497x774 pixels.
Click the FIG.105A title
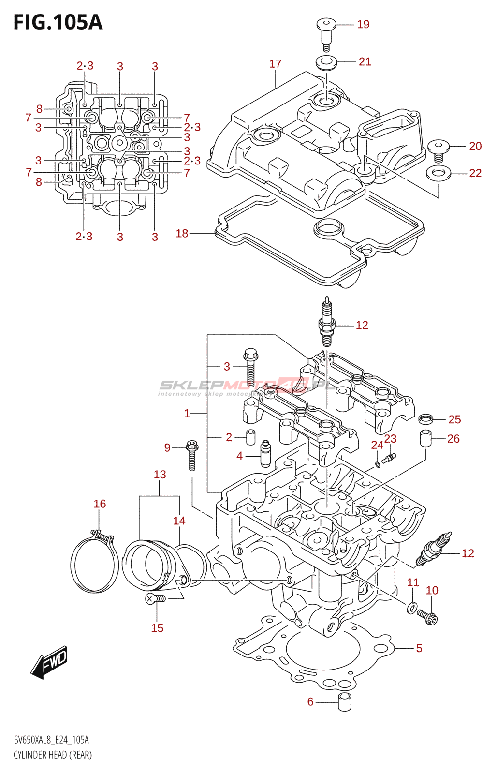pos(58,22)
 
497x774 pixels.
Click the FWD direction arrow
pos(50,661)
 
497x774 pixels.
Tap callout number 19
pos(363,24)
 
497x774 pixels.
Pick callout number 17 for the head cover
pos(275,64)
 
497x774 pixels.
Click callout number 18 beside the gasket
pos(182,234)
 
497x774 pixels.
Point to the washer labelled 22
pos(439,172)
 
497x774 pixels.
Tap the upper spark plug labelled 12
pos(327,323)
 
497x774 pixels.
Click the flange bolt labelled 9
pos(192,454)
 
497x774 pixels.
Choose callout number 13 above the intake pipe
pos(160,475)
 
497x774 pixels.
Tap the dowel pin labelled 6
pos(344,702)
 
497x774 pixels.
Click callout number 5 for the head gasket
pos(419,648)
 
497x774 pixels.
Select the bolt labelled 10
pos(428,616)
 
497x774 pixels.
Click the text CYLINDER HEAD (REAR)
pos(53,755)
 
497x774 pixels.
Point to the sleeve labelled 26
pos(425,438)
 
